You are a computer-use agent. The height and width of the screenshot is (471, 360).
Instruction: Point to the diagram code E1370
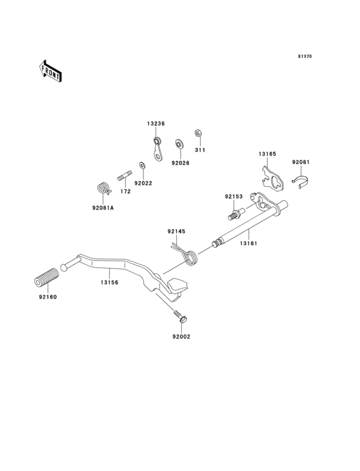[305, 57]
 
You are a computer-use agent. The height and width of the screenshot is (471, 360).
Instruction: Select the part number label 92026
[180, 163]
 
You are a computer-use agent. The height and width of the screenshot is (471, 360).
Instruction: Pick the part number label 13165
[267, 154]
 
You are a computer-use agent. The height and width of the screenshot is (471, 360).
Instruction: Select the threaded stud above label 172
[124, 174]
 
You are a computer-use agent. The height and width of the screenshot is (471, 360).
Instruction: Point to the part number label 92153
[233, 196]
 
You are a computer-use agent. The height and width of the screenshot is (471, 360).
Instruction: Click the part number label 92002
[181, 336]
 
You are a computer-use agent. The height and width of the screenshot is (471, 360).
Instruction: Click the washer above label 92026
[179, 143]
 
